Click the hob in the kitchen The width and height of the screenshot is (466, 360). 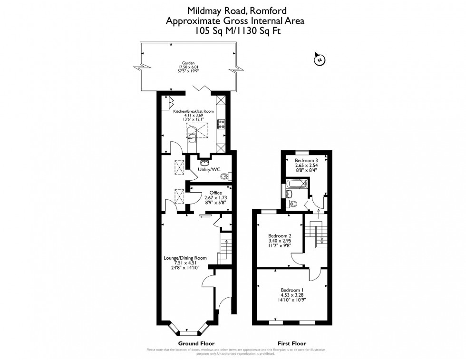(x=221, y=125)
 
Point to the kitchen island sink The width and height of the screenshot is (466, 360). (x=192, y=138)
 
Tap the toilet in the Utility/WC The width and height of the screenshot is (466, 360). (x=225, y=176)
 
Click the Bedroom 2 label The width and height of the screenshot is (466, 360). (x=279, y=236)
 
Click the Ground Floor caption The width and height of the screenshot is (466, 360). (x=196, y=343)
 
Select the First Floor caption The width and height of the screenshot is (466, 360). (x=291, y=343)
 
